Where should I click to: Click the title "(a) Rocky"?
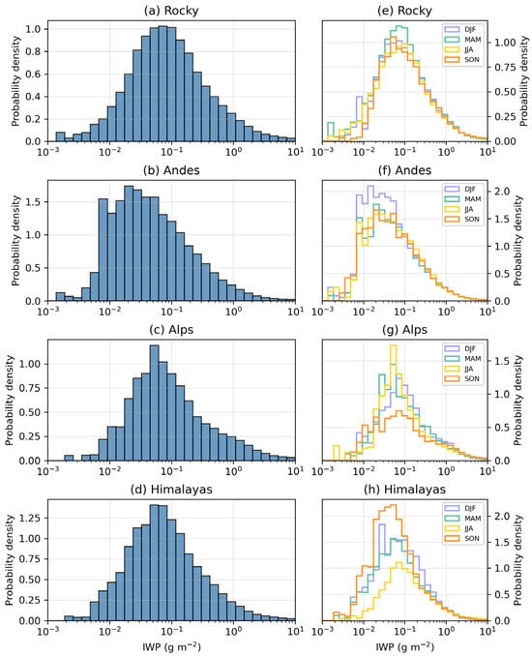171,11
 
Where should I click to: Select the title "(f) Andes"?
405,170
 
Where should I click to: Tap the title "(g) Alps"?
405,330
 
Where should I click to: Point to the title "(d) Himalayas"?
171,489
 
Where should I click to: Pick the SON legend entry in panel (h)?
461,538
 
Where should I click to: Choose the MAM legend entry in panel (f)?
462,199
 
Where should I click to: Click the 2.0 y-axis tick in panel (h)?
502,516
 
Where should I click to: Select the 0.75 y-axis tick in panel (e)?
505,67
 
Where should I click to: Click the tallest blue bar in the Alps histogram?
154,403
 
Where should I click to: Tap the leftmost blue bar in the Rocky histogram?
60,136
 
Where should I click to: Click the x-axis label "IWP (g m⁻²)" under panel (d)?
171,646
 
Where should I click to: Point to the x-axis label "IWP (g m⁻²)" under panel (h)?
405,646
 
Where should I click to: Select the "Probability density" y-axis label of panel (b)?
15,241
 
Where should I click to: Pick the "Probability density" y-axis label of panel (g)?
517,401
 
